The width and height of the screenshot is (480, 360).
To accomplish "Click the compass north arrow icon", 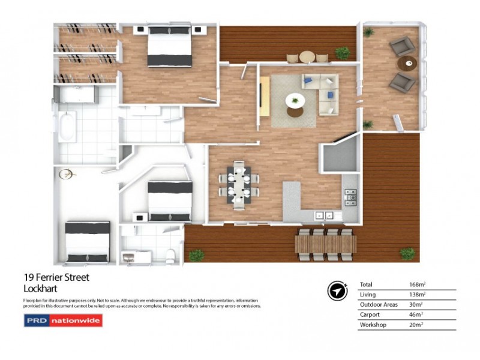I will point(338,290).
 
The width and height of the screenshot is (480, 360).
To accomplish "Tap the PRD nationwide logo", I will point(63,320).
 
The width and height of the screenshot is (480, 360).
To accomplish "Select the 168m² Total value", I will point(417,284).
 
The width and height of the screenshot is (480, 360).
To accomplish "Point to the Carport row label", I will point(370,314).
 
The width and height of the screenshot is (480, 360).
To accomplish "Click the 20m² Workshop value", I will point(416,325).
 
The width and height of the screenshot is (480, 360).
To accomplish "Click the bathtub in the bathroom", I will point(67,127).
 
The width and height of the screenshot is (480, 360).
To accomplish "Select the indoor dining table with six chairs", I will point(239,185).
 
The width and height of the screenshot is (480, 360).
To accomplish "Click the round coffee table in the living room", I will point(295,100).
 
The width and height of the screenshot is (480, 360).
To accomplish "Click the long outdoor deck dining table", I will point(325,244).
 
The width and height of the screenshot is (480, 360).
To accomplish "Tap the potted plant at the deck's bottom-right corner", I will point(408,254).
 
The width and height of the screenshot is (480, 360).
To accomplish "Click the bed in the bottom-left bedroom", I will point(88,241).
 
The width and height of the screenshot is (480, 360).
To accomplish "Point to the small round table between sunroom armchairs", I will point(408,62).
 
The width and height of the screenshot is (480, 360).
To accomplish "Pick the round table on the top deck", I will point(307,57).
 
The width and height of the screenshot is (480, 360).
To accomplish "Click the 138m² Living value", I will point(417,295).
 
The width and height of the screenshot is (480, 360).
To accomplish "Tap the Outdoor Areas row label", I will point(379,305).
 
